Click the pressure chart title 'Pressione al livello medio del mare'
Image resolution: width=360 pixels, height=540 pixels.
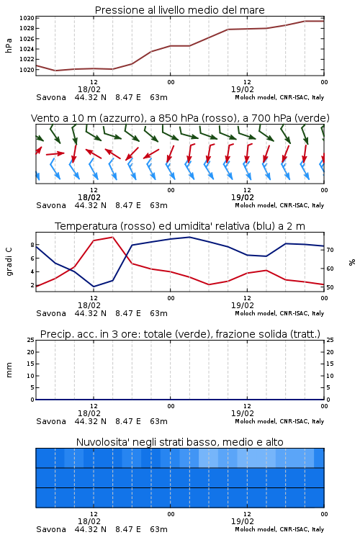(179, 10)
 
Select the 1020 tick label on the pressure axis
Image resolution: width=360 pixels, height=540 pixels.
(27, 70)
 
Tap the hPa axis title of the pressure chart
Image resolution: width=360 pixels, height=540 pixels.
(9, 45)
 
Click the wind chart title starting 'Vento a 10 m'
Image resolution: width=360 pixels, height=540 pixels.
(180, 118)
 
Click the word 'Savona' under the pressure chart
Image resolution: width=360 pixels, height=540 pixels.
(51, 97)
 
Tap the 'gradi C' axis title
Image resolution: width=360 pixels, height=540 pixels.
(9, 261)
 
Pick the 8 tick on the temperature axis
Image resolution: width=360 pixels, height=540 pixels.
(32, 245)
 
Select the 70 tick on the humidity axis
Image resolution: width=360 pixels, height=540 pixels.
(330, 250)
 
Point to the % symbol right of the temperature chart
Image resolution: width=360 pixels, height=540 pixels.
(352, 262)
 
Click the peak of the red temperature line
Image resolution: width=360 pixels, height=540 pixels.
(112, 237)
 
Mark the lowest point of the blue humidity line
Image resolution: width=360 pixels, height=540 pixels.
(94, 287)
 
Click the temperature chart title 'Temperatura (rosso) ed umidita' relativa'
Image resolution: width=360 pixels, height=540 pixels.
(179, 226)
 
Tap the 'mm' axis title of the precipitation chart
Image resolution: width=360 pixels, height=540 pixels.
(9, 370)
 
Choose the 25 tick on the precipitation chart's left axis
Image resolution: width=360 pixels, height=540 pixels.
(31, 340)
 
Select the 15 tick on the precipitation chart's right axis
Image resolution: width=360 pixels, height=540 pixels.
(330, 364)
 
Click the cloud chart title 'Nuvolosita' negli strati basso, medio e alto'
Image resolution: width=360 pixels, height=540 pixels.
(179, 442)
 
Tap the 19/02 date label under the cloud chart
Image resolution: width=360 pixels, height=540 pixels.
(243, 521)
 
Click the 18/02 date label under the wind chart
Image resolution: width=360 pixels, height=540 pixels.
(89, 198)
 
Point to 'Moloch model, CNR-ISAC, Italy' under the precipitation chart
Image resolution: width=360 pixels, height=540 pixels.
(279, 421)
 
